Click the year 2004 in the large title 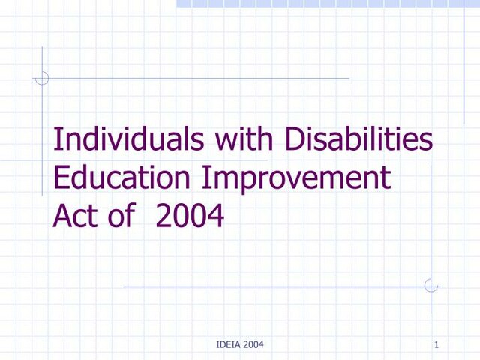pos(190,217)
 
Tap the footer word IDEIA pos(226,345)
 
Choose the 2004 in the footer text pos(252,345)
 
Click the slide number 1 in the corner pos(436,345)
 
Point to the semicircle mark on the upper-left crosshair pos(43,77)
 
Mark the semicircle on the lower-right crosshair pos(430,286)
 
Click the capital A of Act pos(63,217)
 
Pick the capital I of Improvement pos(208,179)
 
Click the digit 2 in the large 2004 pos(163,217)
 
